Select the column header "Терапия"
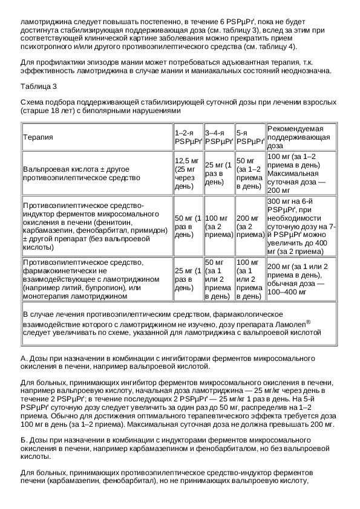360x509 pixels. (x=38, y=137)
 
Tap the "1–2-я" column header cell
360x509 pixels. (x=186, y=137)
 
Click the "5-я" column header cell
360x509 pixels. (x=249, y=137)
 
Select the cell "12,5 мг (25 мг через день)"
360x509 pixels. (x=186, y=173)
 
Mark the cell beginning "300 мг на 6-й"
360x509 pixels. (x=301, y=226)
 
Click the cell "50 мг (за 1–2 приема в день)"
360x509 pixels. (x=249, y=173)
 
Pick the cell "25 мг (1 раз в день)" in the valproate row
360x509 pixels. (x=218, y=173)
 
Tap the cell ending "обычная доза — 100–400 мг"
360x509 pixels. (x=301, y=279)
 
